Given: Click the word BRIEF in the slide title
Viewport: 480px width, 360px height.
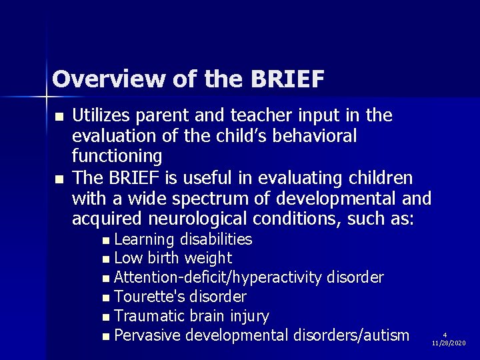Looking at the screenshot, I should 287,79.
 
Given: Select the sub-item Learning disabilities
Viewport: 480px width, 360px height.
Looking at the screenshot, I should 183,239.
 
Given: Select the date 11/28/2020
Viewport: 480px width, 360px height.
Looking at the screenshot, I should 449,343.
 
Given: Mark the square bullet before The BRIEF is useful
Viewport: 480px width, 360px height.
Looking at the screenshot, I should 59,179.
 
